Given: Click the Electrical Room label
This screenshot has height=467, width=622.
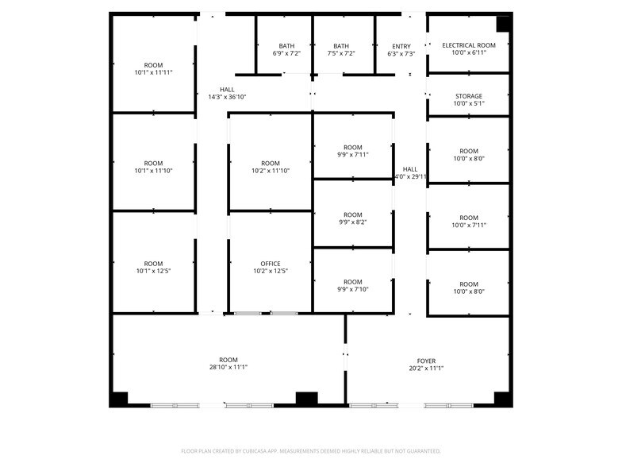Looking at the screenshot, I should click(468, 45).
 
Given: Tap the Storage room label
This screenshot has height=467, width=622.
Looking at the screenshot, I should click(468, 96).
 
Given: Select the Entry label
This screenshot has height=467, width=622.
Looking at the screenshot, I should click(401, 46).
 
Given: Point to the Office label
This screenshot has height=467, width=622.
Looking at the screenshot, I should click(271, 264).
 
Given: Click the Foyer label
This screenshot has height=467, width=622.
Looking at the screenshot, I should click(426, 361).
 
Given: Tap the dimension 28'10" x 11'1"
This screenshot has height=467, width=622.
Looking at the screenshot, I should click(228, 368).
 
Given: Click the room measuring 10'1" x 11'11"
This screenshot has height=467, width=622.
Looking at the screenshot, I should click(153, 68).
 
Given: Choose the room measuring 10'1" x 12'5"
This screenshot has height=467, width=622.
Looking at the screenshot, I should click(153, 267).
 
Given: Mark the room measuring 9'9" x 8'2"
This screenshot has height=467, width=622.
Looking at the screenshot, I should click(352, 218).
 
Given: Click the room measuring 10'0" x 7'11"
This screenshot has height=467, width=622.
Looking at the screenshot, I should click(468, 222).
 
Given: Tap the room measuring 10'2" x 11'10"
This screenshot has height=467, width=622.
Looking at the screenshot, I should click(271, 167).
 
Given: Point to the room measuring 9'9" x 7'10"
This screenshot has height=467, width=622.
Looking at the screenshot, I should click(352, 285).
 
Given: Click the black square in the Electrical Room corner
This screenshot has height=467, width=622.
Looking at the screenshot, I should click(503, 24).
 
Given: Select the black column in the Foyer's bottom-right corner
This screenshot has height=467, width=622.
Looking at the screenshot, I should click(501, 399).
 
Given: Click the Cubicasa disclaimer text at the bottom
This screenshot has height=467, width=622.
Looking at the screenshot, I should click(311, 451).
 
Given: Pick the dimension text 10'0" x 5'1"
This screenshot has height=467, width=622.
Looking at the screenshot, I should click(468, 103).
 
